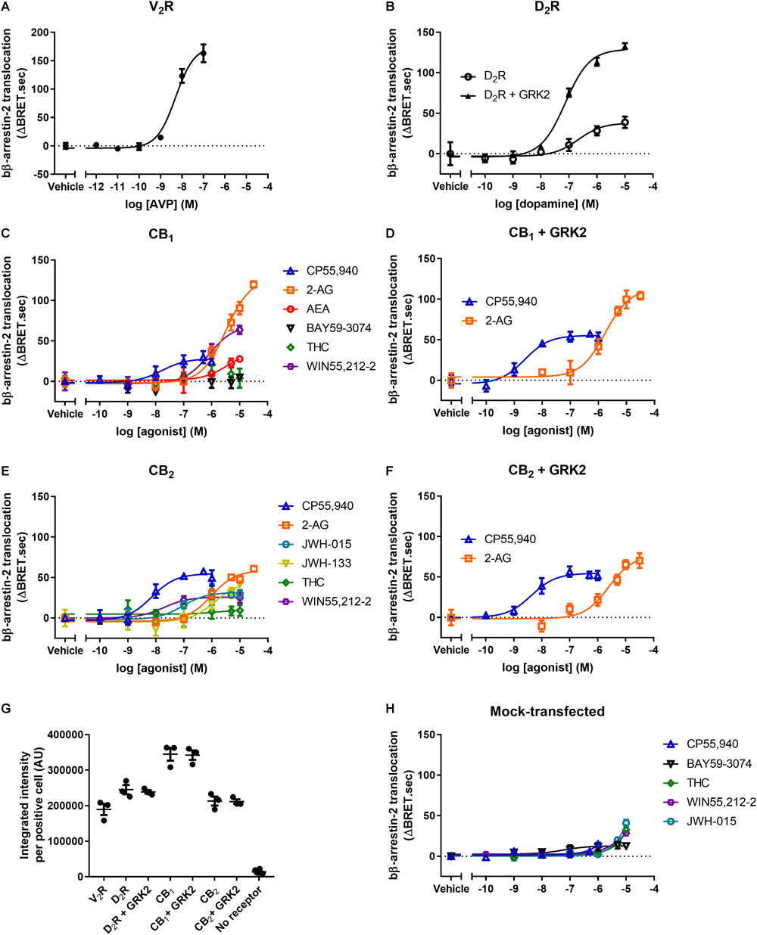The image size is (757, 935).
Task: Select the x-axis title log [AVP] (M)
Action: (160, 204)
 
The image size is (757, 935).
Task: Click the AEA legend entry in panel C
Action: (318, 309)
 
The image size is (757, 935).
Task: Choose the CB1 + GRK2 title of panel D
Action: (547, 233)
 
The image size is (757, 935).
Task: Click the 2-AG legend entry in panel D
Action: (498, 320)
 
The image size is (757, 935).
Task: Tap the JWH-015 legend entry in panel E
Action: (327, 544)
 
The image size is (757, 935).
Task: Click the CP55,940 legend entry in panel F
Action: (509, 539)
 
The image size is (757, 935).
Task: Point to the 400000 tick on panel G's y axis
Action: (65, 735)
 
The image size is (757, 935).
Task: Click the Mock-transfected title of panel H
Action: (547, 711)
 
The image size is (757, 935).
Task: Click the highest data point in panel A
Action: (204, 53)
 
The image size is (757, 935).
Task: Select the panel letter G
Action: (7, 710)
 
